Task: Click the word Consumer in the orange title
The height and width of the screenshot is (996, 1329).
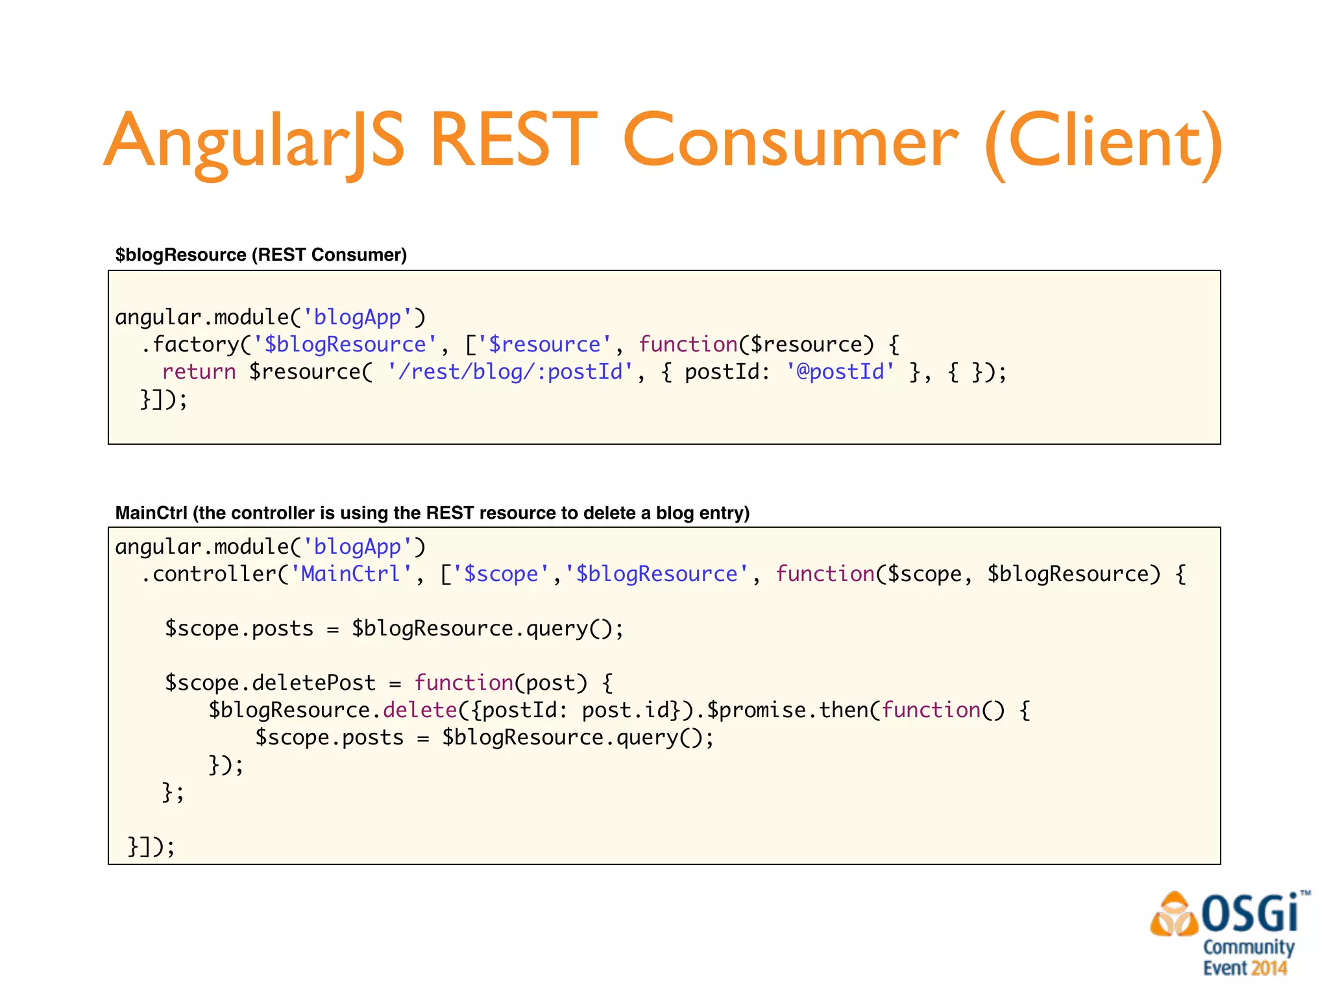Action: click(790, 141)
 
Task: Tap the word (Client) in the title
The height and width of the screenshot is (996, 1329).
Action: click(1103, 141)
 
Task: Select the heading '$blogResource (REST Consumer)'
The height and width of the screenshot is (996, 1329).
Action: click(261, 255)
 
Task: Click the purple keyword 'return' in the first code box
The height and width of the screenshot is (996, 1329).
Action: click(199, 372)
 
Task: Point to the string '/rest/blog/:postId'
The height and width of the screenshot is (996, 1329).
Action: click(510, 372)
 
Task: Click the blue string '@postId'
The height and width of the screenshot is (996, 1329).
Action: click(840, 372)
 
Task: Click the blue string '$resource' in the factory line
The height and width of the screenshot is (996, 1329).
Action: click(545, 344)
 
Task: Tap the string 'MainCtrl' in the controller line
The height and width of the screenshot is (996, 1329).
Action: click(350, 574)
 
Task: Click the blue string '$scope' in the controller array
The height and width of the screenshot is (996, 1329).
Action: click(501, 574)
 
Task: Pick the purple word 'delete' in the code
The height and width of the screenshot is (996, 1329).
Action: click(420, 710)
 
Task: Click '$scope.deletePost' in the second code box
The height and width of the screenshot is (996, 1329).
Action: click(270, 683)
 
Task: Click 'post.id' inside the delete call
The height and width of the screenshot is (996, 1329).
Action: click(626, 710)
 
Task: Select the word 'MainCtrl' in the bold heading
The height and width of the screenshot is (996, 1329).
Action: click(151, 513)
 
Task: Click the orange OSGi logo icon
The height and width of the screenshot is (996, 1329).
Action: click(1173, 915)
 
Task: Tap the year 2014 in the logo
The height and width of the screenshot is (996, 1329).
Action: click(1269, 968)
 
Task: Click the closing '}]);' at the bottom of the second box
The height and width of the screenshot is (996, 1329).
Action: click(151, 846)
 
